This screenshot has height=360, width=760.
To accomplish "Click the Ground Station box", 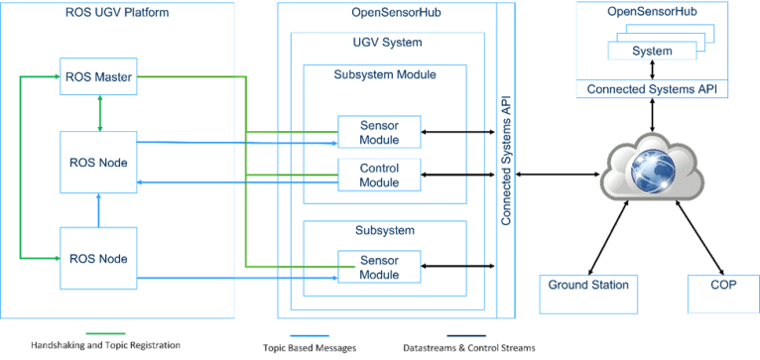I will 587,286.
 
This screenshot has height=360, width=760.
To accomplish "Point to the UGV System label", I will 387,44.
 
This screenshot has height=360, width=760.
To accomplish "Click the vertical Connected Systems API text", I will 506,163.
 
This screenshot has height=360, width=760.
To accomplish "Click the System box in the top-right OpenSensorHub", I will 651,52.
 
